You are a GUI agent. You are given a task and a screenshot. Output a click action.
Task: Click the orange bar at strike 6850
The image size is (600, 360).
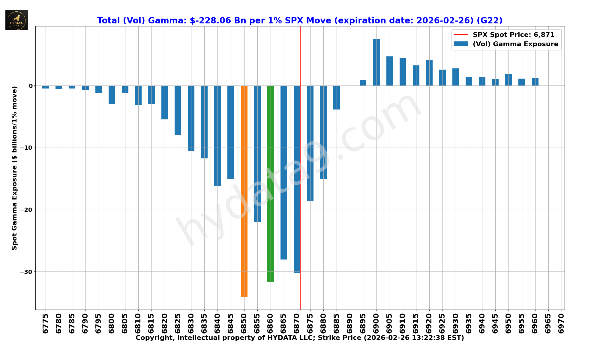[x=244, y=191]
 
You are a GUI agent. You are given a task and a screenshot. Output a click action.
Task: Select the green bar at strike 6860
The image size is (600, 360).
[x=271, y=184]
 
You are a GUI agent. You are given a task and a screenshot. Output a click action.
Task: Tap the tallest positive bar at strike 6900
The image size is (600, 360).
[x=376, y=62]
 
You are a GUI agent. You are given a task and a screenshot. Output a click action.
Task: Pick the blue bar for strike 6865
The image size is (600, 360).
[x=284, y=172]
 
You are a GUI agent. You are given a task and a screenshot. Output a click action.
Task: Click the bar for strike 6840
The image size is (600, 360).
[x=217, y=136]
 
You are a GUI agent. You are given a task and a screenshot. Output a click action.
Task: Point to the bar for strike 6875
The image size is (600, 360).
[x=310, y=143]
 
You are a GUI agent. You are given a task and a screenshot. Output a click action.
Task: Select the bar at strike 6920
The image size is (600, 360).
[x=429, y=73]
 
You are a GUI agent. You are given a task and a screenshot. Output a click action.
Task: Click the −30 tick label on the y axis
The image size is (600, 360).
[x=26, y=272]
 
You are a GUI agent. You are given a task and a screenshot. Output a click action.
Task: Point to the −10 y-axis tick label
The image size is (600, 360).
[x=26, y=148]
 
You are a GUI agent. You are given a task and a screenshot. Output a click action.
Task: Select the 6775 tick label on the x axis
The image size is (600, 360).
[x=46, y=323]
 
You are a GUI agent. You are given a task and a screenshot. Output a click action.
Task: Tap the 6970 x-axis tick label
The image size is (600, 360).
[x=561, y=323]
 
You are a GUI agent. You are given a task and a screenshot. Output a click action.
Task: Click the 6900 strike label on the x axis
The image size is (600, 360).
[x=376, y=323]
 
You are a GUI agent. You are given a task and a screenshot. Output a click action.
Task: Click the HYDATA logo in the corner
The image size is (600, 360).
[x=16, y=20]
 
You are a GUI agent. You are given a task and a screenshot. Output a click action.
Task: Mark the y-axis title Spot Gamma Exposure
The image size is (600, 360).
[x=14, y=168]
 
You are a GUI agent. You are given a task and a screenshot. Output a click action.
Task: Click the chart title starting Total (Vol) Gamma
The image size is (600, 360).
[x=300, y=20]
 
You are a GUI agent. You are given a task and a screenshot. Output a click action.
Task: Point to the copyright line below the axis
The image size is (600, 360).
[x=300, y=338]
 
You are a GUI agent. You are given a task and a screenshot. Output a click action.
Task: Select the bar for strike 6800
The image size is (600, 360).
[x=112, y=95]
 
